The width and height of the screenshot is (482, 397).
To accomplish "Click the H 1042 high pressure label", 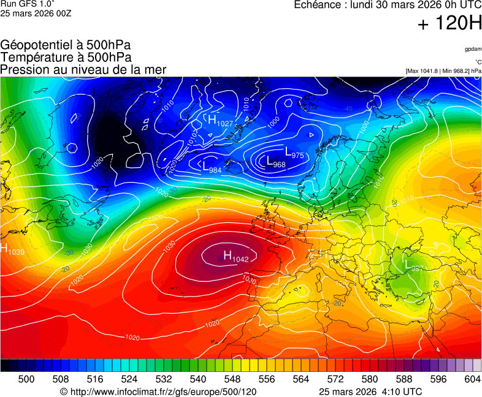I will (235, 257).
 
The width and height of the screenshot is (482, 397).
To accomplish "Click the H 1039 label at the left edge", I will (12, 250).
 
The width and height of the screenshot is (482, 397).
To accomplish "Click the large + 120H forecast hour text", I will (449, 24).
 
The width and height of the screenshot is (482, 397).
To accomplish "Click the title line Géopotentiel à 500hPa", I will (66, 46).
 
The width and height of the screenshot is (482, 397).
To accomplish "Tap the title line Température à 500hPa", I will (66, 58).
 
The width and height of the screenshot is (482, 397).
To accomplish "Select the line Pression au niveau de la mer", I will (83, 69).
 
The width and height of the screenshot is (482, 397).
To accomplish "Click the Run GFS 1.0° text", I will (28, 4).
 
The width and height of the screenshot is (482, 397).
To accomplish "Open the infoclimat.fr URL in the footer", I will (158, 391).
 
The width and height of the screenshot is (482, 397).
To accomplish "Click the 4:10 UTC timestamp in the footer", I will (402, 391).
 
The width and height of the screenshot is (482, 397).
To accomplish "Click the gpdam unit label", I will (473, 48).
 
